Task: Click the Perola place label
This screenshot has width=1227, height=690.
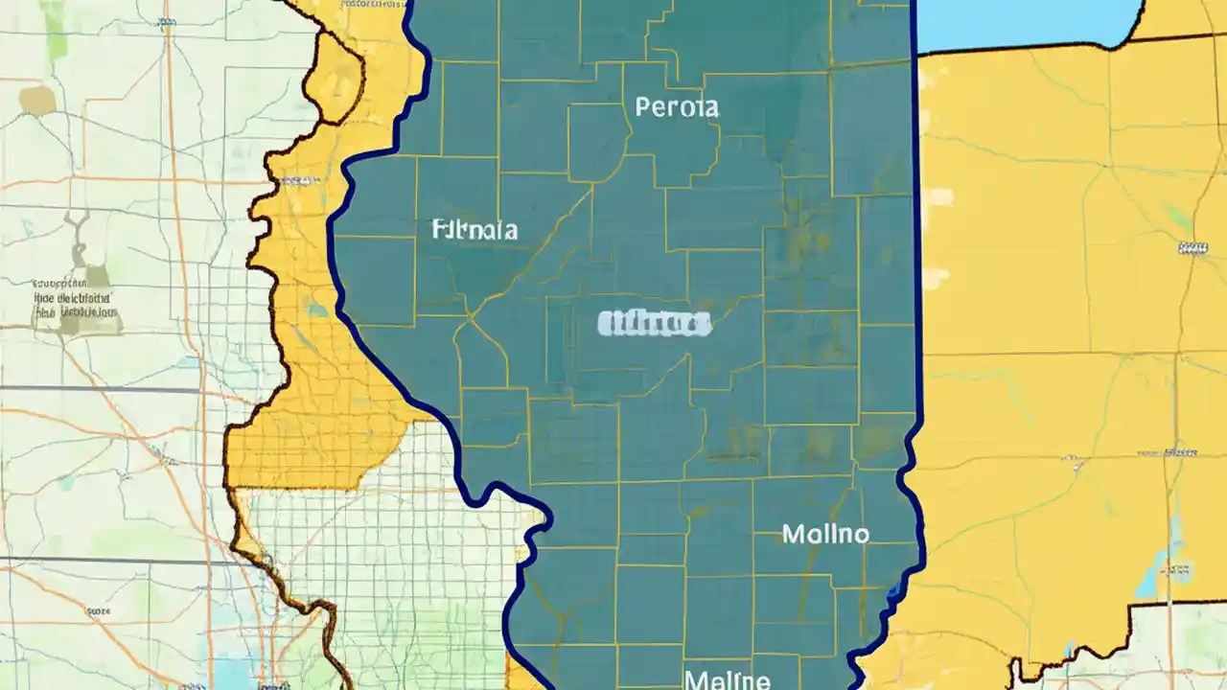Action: [677, 106]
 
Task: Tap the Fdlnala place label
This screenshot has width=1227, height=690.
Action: [475, 230]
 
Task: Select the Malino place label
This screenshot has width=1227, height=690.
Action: [825, 534]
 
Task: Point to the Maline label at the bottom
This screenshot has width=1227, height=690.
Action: [728, 680]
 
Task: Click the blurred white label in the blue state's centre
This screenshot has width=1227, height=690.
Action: [654, 324]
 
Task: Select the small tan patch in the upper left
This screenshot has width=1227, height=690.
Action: [36, 100]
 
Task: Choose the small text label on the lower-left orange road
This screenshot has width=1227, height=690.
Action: [96, 610]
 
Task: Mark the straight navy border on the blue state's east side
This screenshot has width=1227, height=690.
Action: [916, 240]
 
